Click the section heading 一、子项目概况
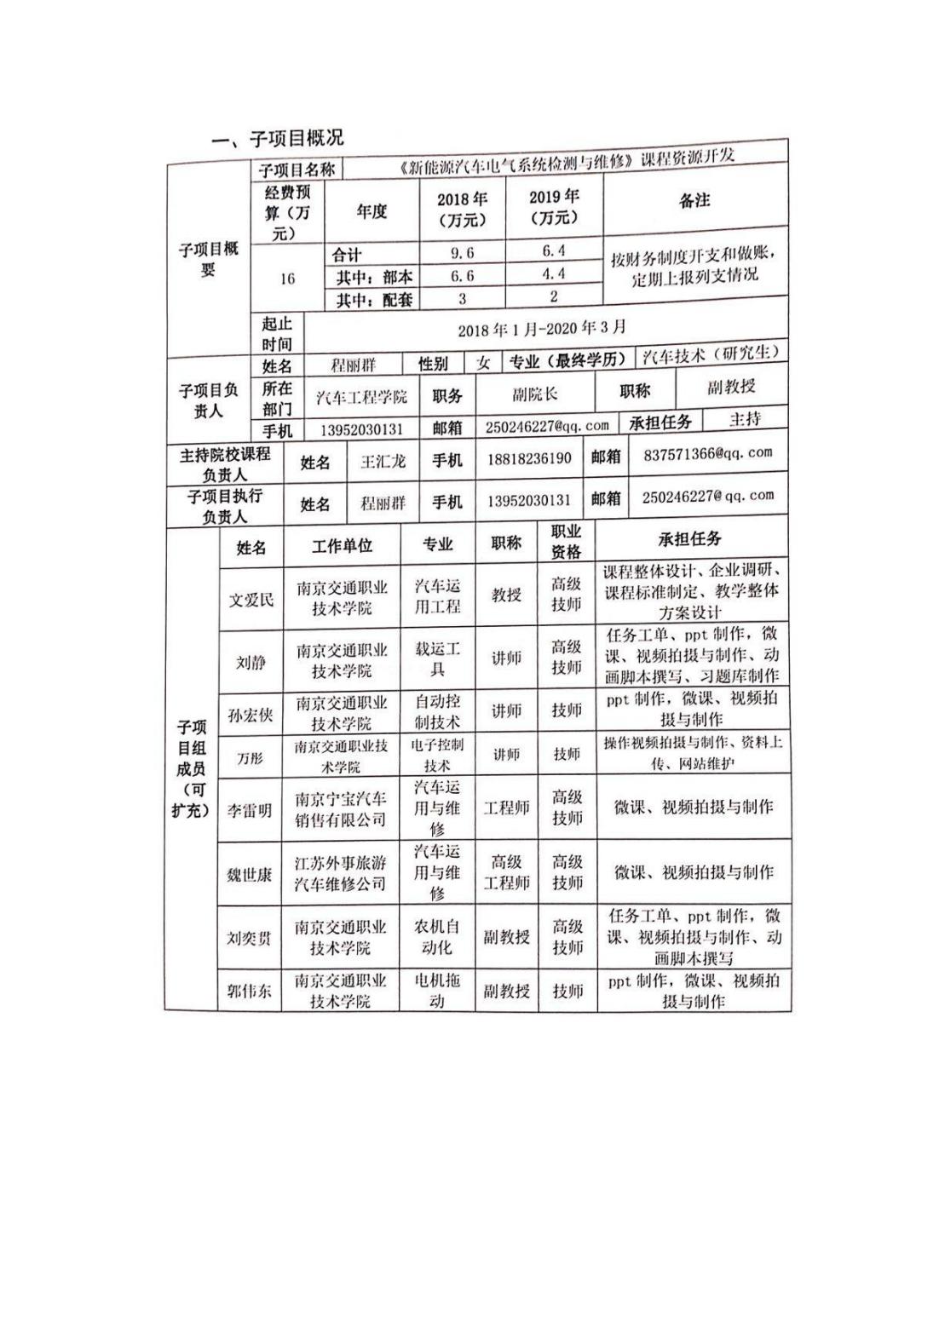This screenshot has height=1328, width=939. pos(278,138)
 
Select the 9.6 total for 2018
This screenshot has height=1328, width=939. pos(462,252)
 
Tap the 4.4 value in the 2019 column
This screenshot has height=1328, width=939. pos(553,273)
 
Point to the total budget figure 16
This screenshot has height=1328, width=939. pos(287,279)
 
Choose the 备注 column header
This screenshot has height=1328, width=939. pos(694,201)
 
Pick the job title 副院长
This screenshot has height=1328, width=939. pos(535,394)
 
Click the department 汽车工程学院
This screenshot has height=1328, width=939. pos(361,397)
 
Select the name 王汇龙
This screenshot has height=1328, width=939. pos(383,462)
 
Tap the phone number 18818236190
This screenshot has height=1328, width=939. pos(528,459)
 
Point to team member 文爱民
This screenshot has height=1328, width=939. pos(251,599)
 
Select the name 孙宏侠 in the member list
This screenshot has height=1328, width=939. pos(251,715)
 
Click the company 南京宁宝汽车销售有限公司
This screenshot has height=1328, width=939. pos(340,809)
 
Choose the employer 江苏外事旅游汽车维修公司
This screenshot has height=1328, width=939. pos(340,872)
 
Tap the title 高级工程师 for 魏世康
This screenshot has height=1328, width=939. pos(506,872)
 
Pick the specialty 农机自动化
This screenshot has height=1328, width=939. pos(437,936)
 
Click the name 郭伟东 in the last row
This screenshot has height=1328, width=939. pos(250,990)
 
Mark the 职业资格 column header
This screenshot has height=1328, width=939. pos(566,542)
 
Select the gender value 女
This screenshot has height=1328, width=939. pos(483,363)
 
